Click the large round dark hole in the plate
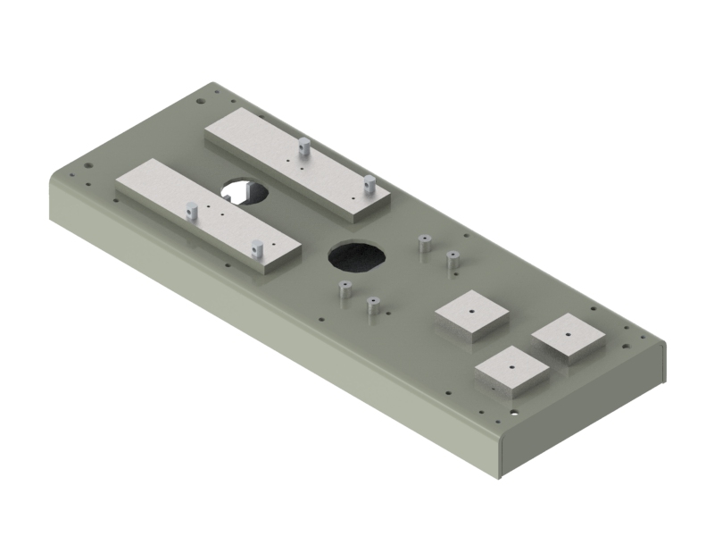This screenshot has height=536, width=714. tap(358, 256)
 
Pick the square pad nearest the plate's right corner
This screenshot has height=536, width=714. tap(569, 338)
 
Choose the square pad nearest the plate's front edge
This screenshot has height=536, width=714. tap(511, 368)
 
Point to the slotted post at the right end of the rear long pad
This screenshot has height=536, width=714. tap(368, 185)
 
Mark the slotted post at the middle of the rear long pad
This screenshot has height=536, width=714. tap(303, 147)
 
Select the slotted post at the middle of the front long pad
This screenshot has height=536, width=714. tap(191, 212)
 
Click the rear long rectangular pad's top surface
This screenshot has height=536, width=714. tap(295, 161)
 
